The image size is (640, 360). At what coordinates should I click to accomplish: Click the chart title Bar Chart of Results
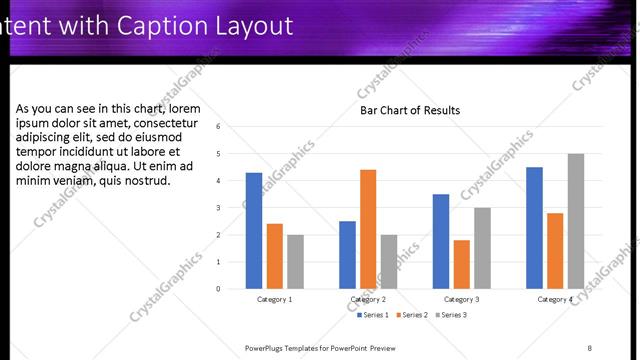click(410, 110)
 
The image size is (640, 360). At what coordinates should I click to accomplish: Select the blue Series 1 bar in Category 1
click(254, 230)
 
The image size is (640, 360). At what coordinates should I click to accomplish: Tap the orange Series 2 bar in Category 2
click(368, 229)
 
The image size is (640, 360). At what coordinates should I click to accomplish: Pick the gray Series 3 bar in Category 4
click(575, 221)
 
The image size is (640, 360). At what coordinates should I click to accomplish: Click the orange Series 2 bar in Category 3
click(461, 264)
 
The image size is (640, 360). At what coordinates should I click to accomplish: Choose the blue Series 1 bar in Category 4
click(534, 227)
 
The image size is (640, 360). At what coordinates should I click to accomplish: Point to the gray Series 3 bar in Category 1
click(295, 261)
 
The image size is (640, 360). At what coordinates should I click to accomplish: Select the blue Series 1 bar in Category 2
click(347, 254)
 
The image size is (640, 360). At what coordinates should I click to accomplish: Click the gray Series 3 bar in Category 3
click(482, 248)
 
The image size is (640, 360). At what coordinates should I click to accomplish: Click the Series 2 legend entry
click(412, 315)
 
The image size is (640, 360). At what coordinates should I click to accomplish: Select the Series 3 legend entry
click(451, 315)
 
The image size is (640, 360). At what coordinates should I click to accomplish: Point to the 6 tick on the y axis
click(231, 127)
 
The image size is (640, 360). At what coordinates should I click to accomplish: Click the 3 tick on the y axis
click(231, 208)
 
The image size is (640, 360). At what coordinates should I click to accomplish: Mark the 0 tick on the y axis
click(231, 289)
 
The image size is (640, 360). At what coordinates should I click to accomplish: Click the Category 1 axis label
click(275, 299)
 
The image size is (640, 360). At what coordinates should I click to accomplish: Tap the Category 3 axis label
click(461, 299)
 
